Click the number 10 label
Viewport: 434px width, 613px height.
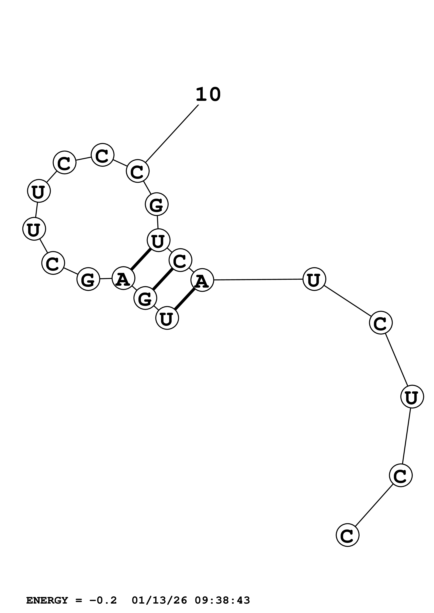point(208,95)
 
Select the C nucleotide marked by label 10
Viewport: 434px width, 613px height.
point(137,171)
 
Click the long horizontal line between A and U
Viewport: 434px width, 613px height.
point(258,280)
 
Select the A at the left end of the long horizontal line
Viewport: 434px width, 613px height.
point(202,280)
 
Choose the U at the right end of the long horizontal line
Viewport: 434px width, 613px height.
point(314,279)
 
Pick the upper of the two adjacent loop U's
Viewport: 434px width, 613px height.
point(39,191)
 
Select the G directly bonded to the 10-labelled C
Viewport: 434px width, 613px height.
point(157,204)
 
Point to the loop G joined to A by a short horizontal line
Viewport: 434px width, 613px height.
point(88,279)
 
